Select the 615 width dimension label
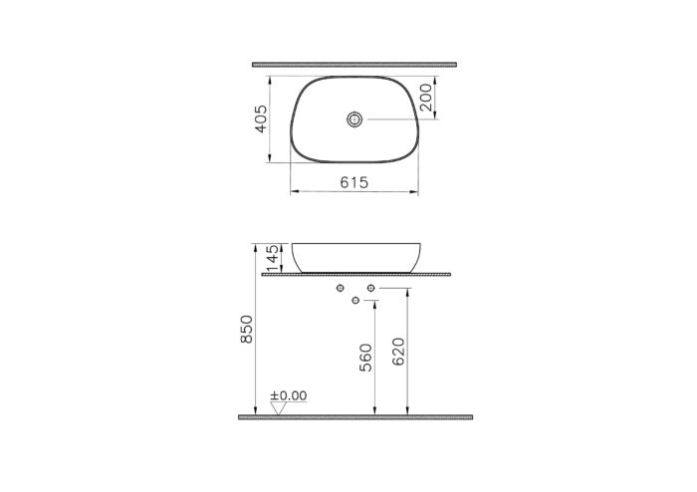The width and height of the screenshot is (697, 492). (354, 182)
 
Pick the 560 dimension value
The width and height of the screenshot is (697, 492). (365, 356)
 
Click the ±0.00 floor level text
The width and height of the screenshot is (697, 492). (290, 396)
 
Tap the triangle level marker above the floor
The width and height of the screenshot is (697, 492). (278, 407)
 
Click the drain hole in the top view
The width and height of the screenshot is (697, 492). (353, 121)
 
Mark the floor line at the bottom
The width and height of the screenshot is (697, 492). (354, 416)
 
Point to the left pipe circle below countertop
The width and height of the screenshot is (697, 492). (342, 289)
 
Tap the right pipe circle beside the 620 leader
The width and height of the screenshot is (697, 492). (370, 289)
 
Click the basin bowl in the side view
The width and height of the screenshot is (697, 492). (354, 256)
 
